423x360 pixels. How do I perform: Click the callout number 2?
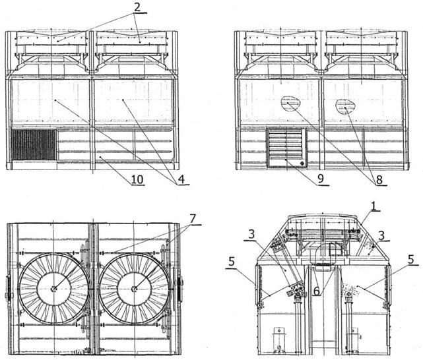coord(137,7)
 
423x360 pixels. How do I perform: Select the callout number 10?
coord(137,179)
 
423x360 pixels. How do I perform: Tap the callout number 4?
coord(182,179)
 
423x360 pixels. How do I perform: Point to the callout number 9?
coord(321,179)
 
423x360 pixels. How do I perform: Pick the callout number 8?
coord(379,180)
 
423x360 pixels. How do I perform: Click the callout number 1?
coord(374,206)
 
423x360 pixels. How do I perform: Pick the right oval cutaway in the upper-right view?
coord(346,107)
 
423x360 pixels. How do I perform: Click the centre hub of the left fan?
coord(53,289)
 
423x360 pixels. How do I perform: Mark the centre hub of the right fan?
coord(134,289)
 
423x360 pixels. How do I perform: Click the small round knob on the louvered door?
coord(302,163)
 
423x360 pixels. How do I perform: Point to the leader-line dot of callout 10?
coord(100,156)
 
